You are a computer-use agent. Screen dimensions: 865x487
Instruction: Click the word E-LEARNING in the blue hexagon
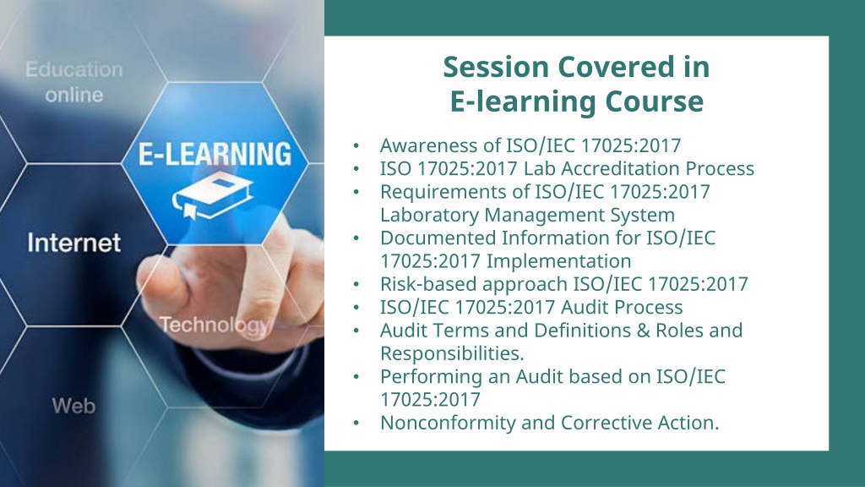click(215, 154)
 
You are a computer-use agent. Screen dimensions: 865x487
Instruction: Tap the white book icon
click(212, 196)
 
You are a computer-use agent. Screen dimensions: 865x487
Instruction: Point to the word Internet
click(74, 243)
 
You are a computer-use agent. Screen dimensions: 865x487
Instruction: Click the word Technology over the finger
click(214, 326)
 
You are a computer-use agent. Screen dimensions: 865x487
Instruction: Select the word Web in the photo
click(74, 406)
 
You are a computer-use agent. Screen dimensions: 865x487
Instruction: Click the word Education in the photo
click(74, 69)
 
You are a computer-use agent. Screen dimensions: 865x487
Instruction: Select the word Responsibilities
click(452, 353)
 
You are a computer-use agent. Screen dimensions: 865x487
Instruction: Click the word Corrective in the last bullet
click(607, 423)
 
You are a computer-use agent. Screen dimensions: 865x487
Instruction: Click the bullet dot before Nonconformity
click(356, 423)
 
